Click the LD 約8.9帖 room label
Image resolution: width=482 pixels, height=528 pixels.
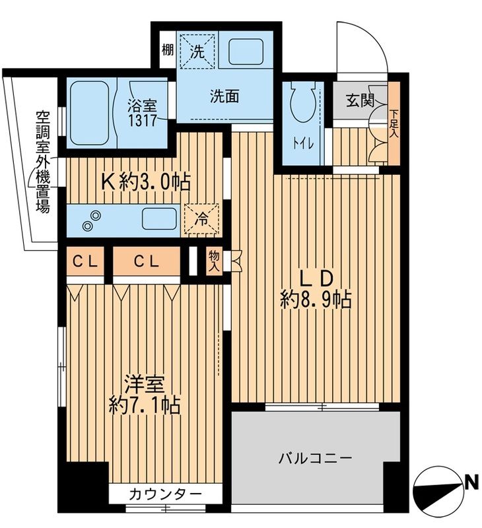[x=315, y=288]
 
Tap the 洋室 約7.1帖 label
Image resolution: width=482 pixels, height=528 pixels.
[x=145, y=394]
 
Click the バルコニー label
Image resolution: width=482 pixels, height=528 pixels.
[x=314, y=457]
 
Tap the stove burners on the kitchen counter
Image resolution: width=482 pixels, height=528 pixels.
[x=92, y=220]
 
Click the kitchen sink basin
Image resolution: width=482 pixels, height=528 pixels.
[x=159, y=218]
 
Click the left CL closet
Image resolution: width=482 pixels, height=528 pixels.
[x=85, y=261]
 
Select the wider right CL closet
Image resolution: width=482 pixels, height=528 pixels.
[x=146, y=261]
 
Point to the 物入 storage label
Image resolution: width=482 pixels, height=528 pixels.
[x=213, y=259]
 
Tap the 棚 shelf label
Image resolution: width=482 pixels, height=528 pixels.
[x=168, y=51]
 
